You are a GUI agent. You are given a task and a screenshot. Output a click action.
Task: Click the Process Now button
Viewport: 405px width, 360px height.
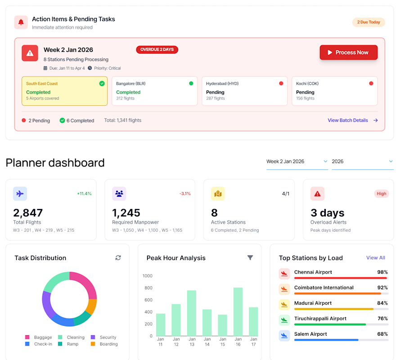point(348,53)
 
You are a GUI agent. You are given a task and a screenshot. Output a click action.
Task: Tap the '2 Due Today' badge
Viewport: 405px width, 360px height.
point(368,22)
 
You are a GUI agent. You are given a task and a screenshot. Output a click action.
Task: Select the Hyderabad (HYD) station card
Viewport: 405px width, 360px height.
point(244,91)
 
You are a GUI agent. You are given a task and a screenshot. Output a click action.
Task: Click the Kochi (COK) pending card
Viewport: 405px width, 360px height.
point(334,91)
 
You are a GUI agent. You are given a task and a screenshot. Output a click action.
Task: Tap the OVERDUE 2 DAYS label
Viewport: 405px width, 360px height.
point(157,49)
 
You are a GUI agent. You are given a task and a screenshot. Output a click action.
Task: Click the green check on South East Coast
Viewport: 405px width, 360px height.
point(102,83)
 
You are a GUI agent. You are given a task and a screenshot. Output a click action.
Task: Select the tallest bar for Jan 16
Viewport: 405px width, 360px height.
point(238,311)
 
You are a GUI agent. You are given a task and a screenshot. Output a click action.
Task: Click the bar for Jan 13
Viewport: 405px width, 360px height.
point(192,313)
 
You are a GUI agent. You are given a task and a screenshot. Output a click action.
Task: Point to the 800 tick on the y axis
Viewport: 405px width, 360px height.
point(148,288)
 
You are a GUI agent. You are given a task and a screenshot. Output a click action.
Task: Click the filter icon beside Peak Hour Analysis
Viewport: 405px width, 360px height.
point(250,257)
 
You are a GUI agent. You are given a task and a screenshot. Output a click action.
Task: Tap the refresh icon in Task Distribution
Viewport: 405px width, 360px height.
point(118,257)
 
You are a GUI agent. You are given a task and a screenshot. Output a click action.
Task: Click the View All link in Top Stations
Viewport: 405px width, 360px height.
point(375,258)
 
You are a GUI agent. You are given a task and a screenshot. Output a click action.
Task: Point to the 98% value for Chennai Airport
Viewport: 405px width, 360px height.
point(382,272)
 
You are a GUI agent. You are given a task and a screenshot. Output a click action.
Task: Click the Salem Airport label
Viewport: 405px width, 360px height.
point(310,334)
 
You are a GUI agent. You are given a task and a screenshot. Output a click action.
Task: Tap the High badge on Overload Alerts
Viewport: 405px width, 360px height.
point(381,193)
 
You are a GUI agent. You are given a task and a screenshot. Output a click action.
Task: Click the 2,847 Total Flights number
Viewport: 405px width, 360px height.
point(28,213)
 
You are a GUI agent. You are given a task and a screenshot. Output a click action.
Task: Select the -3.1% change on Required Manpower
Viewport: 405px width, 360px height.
point(185,193)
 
